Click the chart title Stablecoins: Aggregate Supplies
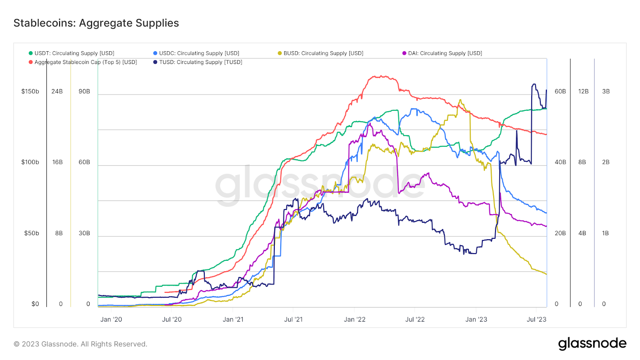pyautogui.click(x=96, y=23)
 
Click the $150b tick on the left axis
pyautogui.click(x=30, y=91)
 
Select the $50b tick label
pyautogui.click(x=32, y=233)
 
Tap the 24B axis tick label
pyautogui.click(x=57, y=91)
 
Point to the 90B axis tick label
pyautogui.click(x=84, y=91)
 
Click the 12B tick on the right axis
pyautogui.click(x=583, y=91)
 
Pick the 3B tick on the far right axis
pyautogui.click(x=606, y=91)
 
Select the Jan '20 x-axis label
pyautogui.click(x=111, y=319)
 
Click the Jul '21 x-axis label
pyautogui.click(x=293, y=319)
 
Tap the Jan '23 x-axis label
pyautogui.click(x=476, y=319)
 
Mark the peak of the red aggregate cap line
pyautogui.click(x=382, y=76)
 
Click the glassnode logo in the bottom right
pyautogui.click(x=592, y=343)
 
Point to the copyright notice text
pyautogui.click(x=80, y=344)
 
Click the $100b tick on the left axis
pyautogui.click(x=30, y=162)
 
